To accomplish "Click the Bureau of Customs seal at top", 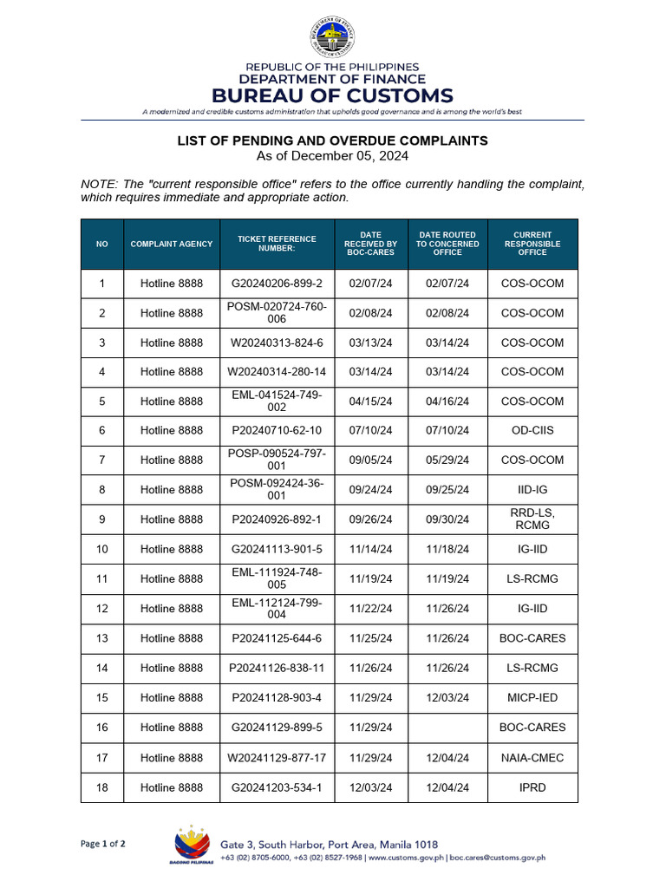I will point(332,38).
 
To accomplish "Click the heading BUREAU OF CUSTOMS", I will point(333,95).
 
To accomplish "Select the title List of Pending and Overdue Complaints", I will point(333,140).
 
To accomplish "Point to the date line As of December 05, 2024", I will point(333,156).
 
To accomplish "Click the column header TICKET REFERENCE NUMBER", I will point(277,244).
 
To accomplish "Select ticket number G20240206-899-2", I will point(277,284).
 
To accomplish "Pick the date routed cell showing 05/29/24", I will point(447,460).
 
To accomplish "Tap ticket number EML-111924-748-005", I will point(277,578).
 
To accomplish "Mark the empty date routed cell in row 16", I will point(447,728).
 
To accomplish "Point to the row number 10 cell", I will point(102,549).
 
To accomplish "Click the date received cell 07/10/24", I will point(370,431).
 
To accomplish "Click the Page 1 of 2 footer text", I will point(103,844).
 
